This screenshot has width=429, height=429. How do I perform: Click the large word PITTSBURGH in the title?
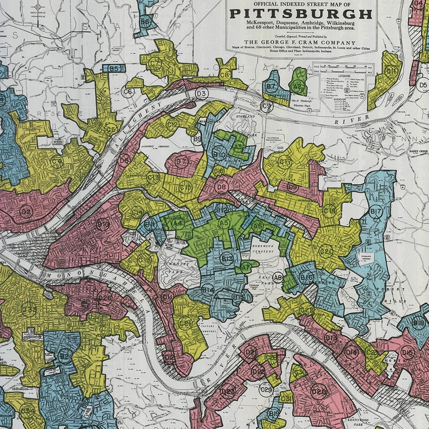tap(301, 14)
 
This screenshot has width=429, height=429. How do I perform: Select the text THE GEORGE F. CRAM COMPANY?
tap(299, 42)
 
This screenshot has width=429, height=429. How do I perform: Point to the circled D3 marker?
tap(201, 94)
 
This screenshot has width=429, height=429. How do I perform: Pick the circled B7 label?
tap(271, 86)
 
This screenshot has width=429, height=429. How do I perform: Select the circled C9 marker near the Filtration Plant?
tap(267, 106)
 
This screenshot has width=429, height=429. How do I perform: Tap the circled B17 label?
tap(376, 211)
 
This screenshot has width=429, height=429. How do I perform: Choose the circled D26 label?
tap(105, 297)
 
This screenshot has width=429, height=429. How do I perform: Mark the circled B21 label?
tap(65, 356)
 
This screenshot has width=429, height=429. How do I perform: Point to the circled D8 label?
tap(221, 187)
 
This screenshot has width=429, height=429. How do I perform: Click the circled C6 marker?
tap(127, 91)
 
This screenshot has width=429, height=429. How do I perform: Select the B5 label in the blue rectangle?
tap(114, 68)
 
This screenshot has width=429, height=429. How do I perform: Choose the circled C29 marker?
tap(266, 390)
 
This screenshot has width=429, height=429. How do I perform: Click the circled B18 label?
tap(418, 323)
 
